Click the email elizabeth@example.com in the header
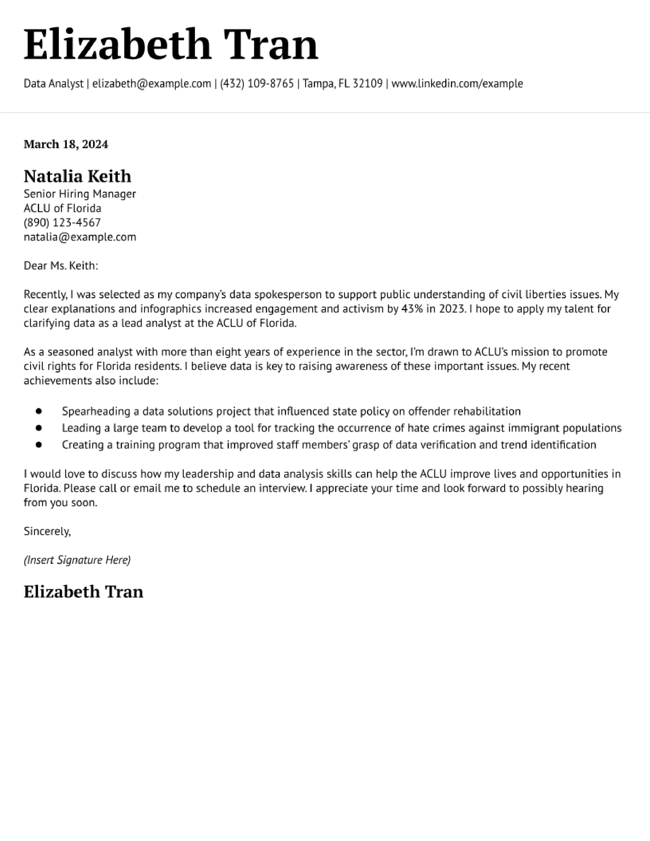[x=151, y=84]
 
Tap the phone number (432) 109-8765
[x=257, y=84]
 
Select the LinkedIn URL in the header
[x=457, y=84]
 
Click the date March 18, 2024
[x=66, y=144]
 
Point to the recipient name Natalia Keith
[x=77, y=176]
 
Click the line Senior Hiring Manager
[x=80, y=194]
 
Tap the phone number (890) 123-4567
[x=62, y=222]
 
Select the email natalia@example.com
[x=80, y=237]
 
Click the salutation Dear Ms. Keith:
[x=61, y=266]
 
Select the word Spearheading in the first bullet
[x=96, y=411]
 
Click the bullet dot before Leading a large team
[x=38, y=428]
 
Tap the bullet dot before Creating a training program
[x=38, y=445]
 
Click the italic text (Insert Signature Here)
[x=77, y=560]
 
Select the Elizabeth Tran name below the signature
[x=83, y=592]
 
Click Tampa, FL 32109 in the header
[x=343, y=84]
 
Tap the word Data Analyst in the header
[x=54, y=84]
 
